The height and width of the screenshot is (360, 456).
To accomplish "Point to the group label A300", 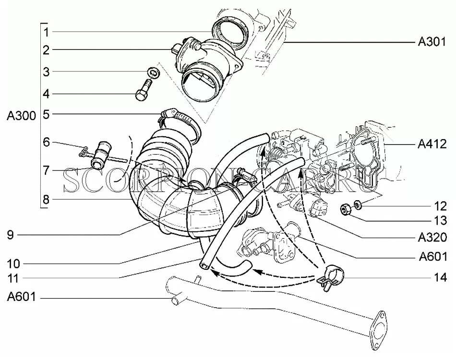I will pos(21,116).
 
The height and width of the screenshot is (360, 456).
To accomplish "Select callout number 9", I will pos(11,235).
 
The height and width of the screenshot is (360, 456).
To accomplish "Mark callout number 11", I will pos(14,278).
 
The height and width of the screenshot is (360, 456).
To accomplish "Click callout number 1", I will pos(46,32).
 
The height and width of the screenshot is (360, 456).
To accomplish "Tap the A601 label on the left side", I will pos(21,298).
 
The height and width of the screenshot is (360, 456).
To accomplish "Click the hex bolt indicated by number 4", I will pos(143,93).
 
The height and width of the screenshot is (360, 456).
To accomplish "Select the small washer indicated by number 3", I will pos(153,73).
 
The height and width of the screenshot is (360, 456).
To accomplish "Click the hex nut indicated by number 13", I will pos(345,210).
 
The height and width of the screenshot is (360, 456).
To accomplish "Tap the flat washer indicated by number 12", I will pos(358,204).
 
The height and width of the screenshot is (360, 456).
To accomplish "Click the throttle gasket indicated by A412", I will pos(367,158).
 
